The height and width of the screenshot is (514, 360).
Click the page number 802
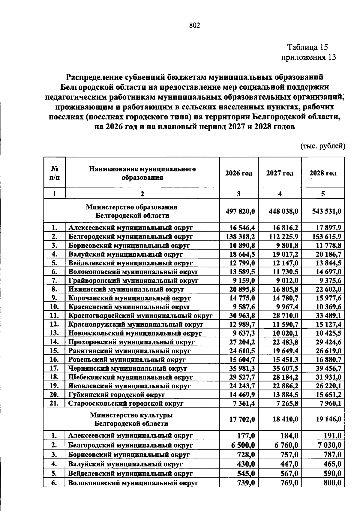(194, 25)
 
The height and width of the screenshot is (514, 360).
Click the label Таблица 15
(307, 47)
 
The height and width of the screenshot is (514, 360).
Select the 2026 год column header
(239, 173)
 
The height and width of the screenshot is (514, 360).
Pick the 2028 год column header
(323, 173)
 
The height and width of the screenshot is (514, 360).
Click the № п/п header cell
(54, 173)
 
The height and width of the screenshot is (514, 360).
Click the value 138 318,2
(240, 237)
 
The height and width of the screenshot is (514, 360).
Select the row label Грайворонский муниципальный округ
(133, 281)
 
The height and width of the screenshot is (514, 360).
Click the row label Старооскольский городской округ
(126, 403)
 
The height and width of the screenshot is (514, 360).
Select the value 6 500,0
(243, 445)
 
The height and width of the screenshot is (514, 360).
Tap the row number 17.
(54, 368)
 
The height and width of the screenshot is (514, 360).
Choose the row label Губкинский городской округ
(116, 395)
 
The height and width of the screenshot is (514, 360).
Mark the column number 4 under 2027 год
(280, 194)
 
